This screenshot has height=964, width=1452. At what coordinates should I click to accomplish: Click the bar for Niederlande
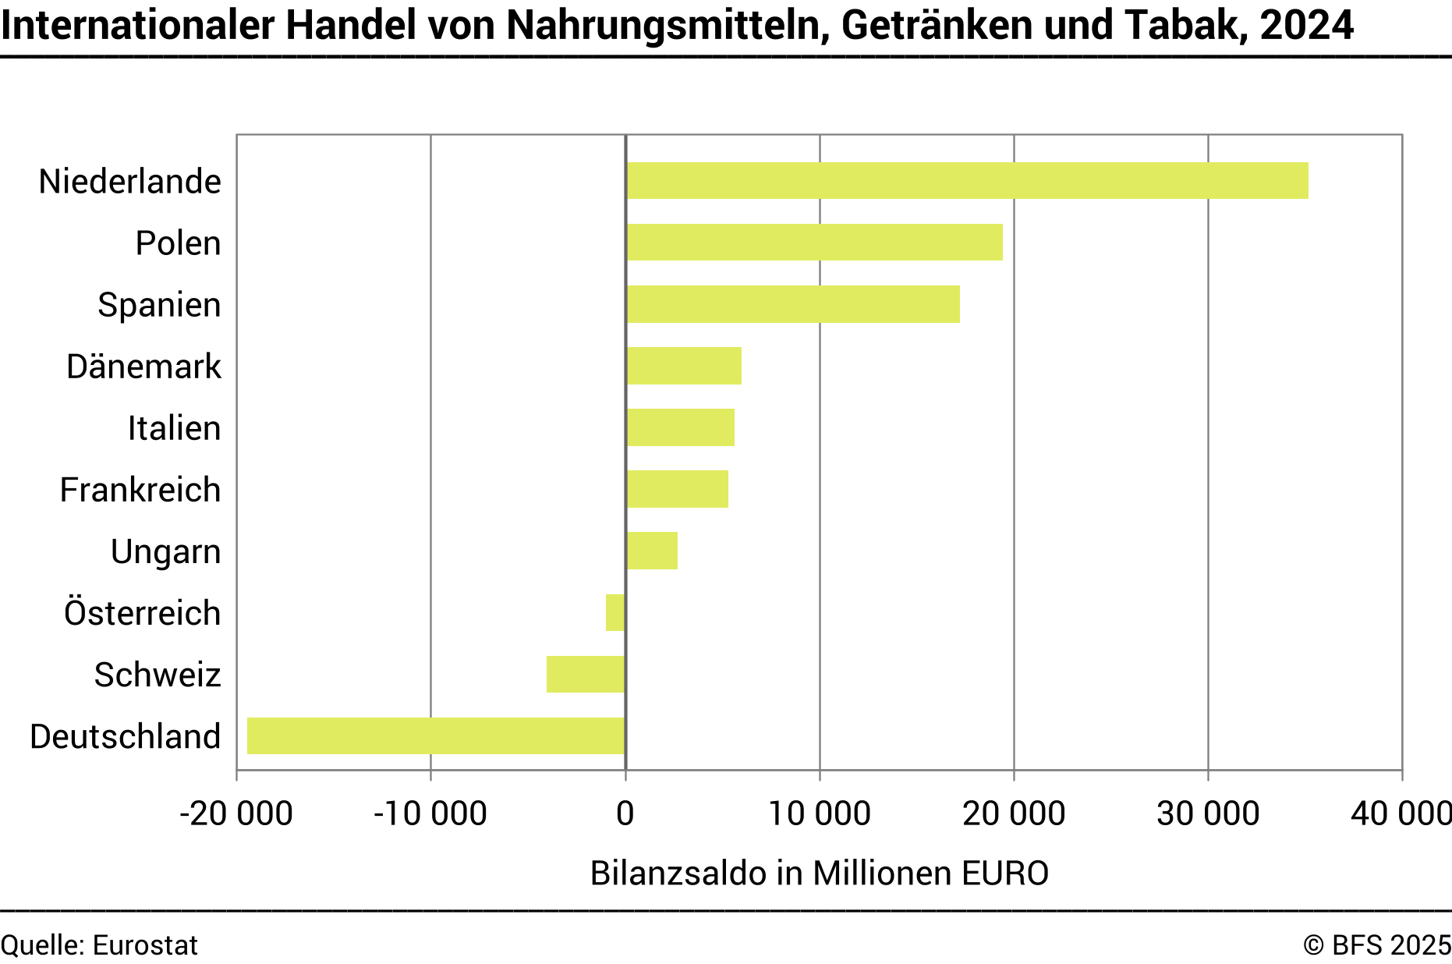967,181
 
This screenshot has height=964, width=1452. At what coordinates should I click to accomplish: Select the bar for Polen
814,243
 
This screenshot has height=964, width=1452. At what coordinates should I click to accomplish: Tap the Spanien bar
793,304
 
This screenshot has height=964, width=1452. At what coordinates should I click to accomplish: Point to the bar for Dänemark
684,366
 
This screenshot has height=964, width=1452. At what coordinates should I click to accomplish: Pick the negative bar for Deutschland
436,735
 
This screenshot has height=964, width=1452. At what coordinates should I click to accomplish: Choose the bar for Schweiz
586,674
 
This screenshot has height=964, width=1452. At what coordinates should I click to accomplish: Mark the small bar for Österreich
615,612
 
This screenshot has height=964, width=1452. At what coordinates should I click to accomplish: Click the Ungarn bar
652,551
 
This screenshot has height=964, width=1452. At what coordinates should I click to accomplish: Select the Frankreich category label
140,490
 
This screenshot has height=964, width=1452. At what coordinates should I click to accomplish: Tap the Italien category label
174,428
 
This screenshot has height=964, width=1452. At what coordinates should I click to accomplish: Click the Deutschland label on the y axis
126,736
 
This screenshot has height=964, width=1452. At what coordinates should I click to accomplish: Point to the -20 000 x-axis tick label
236,813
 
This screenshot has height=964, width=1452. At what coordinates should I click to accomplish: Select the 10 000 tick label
819,813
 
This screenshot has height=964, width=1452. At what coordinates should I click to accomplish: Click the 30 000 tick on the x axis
1207,813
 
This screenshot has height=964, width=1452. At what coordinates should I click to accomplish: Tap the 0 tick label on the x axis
625,813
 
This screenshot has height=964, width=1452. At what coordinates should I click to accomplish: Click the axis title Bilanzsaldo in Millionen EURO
819,873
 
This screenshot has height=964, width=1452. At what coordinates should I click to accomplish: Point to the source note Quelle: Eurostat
99,945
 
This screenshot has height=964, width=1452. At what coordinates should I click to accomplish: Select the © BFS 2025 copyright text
1376,945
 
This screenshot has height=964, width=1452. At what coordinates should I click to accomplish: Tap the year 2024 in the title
1306,25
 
